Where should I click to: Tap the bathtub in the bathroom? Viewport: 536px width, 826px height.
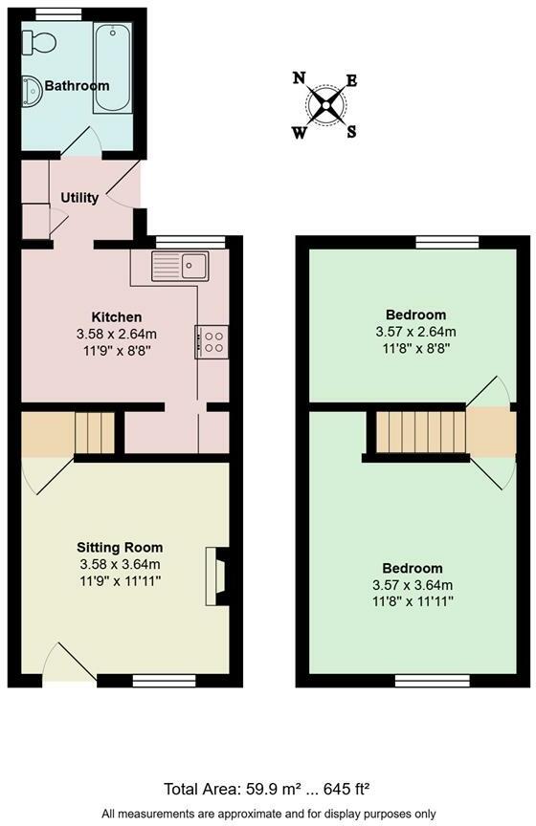click(x=113, y=70)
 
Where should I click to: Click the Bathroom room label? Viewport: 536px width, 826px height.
click(x=78, y=86)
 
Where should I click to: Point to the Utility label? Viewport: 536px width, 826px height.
click(x=79, y=198)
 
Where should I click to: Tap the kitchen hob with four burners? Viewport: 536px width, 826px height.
click(x=212, y=340)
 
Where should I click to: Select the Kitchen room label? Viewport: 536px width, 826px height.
click(x=117, y=316)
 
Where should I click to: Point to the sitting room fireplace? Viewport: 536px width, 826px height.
click(x=216, y=576)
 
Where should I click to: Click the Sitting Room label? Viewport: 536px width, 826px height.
click(x=120, y=548)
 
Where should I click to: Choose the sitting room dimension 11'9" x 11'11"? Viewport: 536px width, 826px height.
click(x=120, y=580)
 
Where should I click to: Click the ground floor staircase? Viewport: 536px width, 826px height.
click(x=95, y=432)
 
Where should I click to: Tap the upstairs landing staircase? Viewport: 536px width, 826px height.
click(x=420, y=432)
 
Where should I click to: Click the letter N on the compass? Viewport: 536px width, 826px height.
click(x=300, y=78)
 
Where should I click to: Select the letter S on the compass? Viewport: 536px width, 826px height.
click(x=351, y=132)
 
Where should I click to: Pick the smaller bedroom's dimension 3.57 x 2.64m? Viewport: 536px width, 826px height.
click(x=415, y=332)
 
